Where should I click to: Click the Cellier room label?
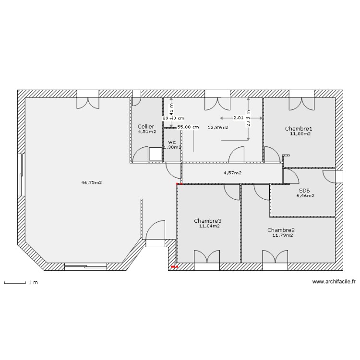click(146, 126)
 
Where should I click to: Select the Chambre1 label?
click(299, 129)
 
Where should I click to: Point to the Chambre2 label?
click(281, 230)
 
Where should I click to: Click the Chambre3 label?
click(207, 221)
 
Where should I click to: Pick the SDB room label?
click(304, 190)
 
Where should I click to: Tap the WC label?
click(172, 143)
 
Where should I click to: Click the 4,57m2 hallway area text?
click(232, 173)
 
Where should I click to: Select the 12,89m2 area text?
click(217, 127)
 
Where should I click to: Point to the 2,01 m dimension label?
click(241, 118)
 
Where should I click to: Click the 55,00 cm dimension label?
click(188, 127)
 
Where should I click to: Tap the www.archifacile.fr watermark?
click(334, 282)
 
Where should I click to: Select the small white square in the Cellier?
click(155, 154)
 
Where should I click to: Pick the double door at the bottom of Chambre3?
click(207, 257)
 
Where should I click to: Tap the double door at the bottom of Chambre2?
click(275, 257)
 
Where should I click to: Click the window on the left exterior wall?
click(21, 175)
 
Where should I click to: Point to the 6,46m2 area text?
click(305, 196)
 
